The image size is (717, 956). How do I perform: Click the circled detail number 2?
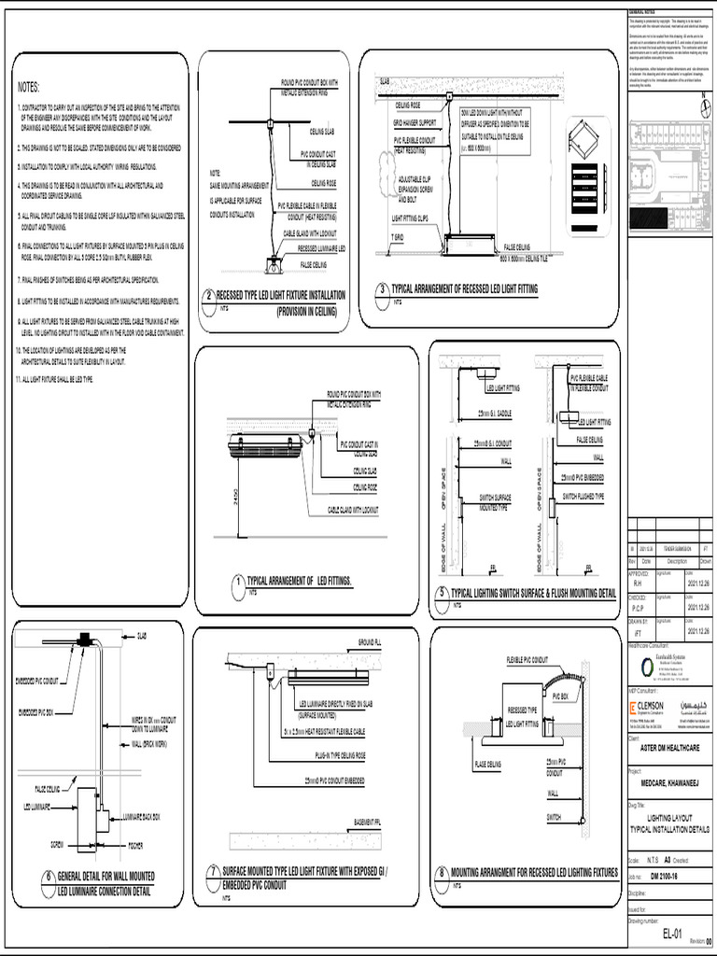click(211, 296)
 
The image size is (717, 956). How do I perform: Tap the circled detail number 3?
click(381, 290)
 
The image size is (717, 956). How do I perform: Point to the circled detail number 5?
click(443, 593)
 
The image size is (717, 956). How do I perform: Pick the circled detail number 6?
click(48, 879)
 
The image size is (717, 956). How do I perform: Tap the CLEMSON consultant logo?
click(647, 706)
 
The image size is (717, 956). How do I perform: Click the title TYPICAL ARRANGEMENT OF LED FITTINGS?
click(300, 581)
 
